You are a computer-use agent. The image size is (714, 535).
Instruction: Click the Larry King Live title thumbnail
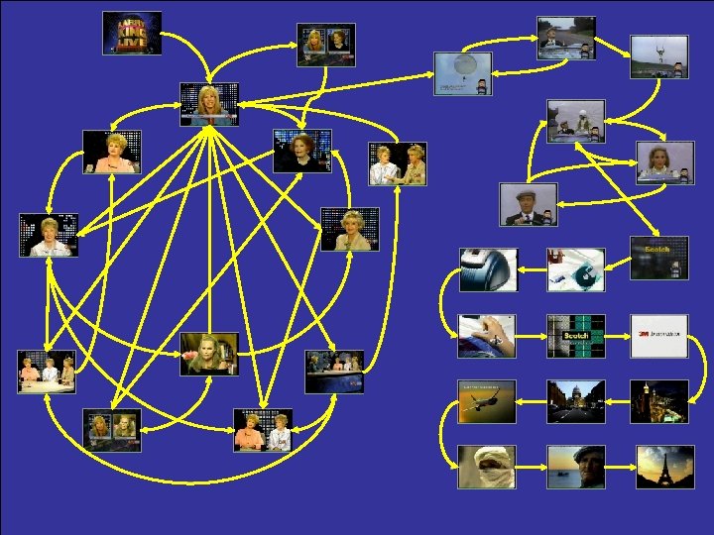132,33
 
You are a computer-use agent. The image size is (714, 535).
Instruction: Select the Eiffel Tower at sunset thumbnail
659,467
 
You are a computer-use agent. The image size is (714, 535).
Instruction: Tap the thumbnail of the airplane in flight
487,401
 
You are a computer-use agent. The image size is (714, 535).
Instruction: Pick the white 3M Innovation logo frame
659,336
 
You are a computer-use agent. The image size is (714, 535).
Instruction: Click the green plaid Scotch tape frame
576,336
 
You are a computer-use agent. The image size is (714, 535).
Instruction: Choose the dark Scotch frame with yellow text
659,257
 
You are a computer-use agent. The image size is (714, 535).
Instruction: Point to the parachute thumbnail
462,72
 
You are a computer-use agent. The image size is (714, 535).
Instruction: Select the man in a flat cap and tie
528,204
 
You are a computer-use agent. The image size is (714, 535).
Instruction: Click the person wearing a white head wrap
487,467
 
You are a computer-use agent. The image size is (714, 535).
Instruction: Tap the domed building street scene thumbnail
576,401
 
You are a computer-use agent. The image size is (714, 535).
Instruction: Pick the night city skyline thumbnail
659,401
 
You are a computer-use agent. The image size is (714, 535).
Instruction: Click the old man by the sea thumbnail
576,467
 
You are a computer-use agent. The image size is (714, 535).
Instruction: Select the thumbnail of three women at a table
47,372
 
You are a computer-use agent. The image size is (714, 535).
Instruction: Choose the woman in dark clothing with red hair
302,151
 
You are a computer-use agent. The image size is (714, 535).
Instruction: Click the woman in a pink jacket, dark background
111,152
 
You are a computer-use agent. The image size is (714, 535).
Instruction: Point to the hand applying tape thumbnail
487,336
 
